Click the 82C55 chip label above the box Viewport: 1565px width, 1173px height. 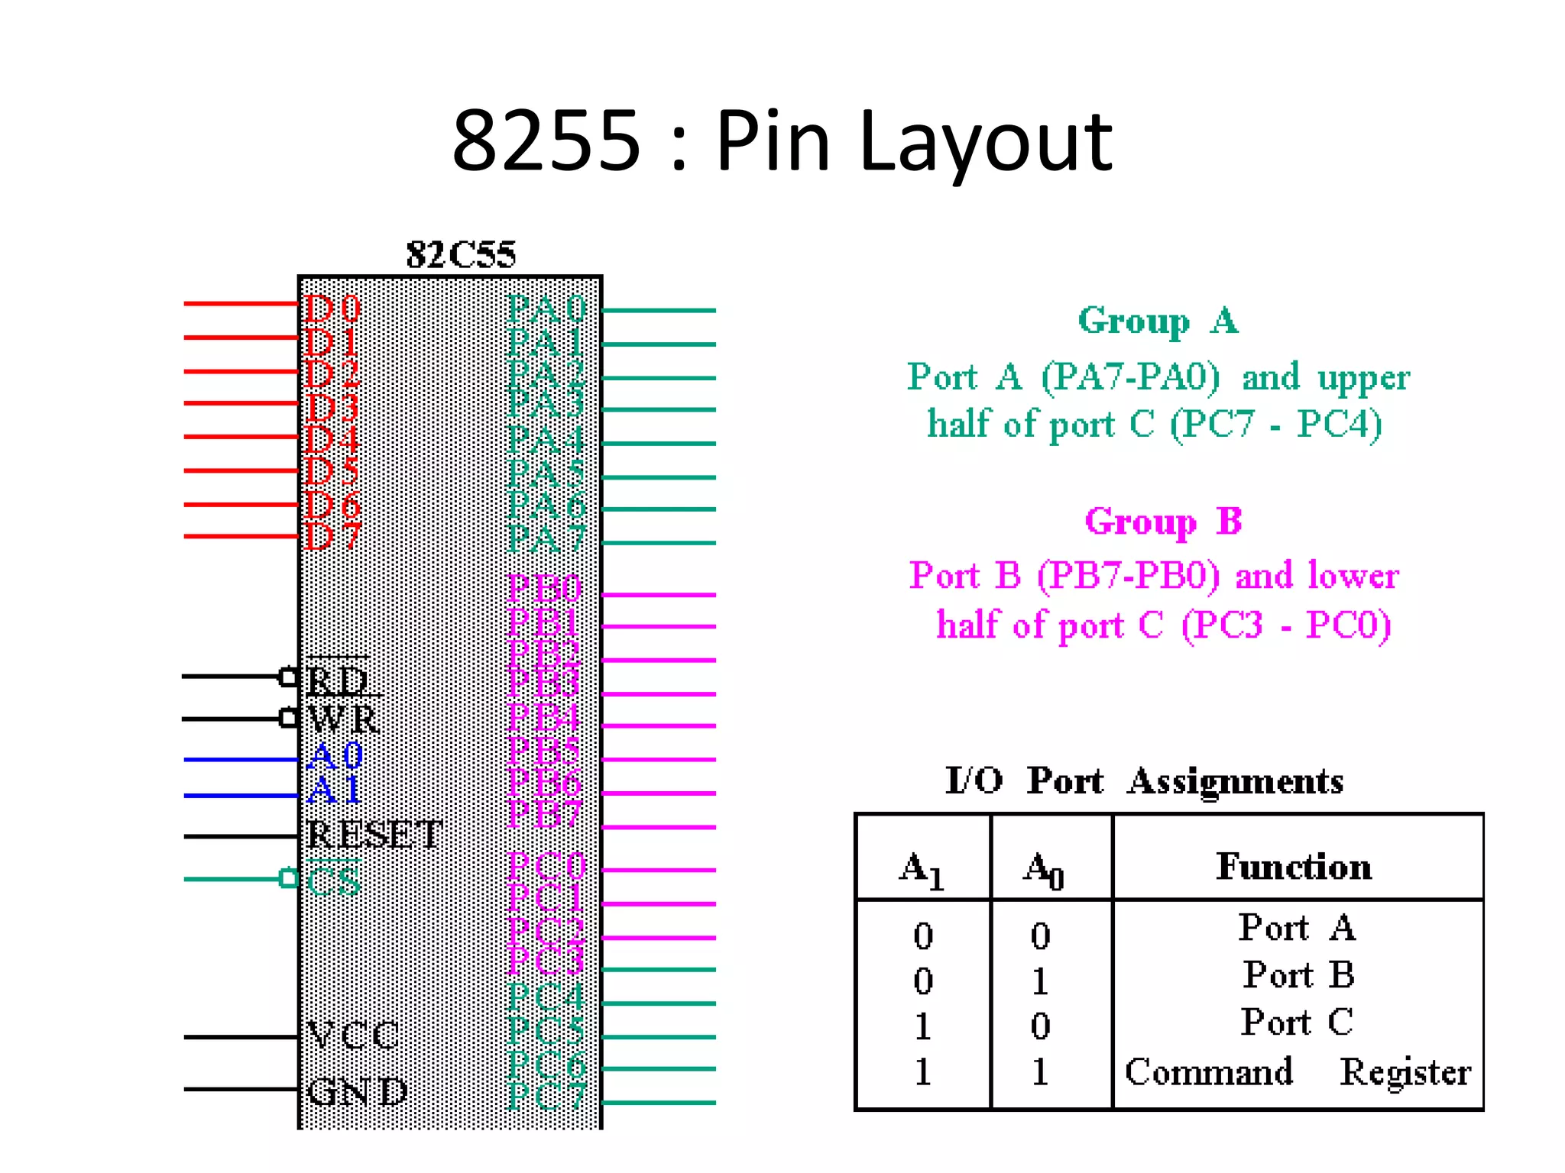click(x=461, y=254)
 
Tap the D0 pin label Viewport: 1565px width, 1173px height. click(x=332, y=309)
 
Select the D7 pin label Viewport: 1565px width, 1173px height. click(x=332, y=536)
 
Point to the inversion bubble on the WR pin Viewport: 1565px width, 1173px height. click(x=288, y=718)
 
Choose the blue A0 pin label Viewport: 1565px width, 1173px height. click(x=334, y=756)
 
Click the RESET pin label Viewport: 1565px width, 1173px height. click(x=374, y=834)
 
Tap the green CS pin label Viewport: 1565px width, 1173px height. click(x=333, y=881)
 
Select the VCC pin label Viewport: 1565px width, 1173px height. click(x=352, y=1036)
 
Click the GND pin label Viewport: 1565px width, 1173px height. click(x=356, y=1091)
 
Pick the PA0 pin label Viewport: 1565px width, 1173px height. click(x=546, y=309)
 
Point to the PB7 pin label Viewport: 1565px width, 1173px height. click(x=545, y=814)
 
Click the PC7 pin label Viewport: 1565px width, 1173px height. click(x=546, y=1097)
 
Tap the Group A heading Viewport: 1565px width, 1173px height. click(x=1158, y=321)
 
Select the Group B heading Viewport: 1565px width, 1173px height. click(x=1163, y=522)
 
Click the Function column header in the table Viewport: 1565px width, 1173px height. click(x=1294, y=866)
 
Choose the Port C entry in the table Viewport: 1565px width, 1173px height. click(x=1297, y=1022)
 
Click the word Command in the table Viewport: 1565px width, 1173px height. click(x=1209, y=1071)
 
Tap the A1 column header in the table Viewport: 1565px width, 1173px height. click(x=922, y=870)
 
